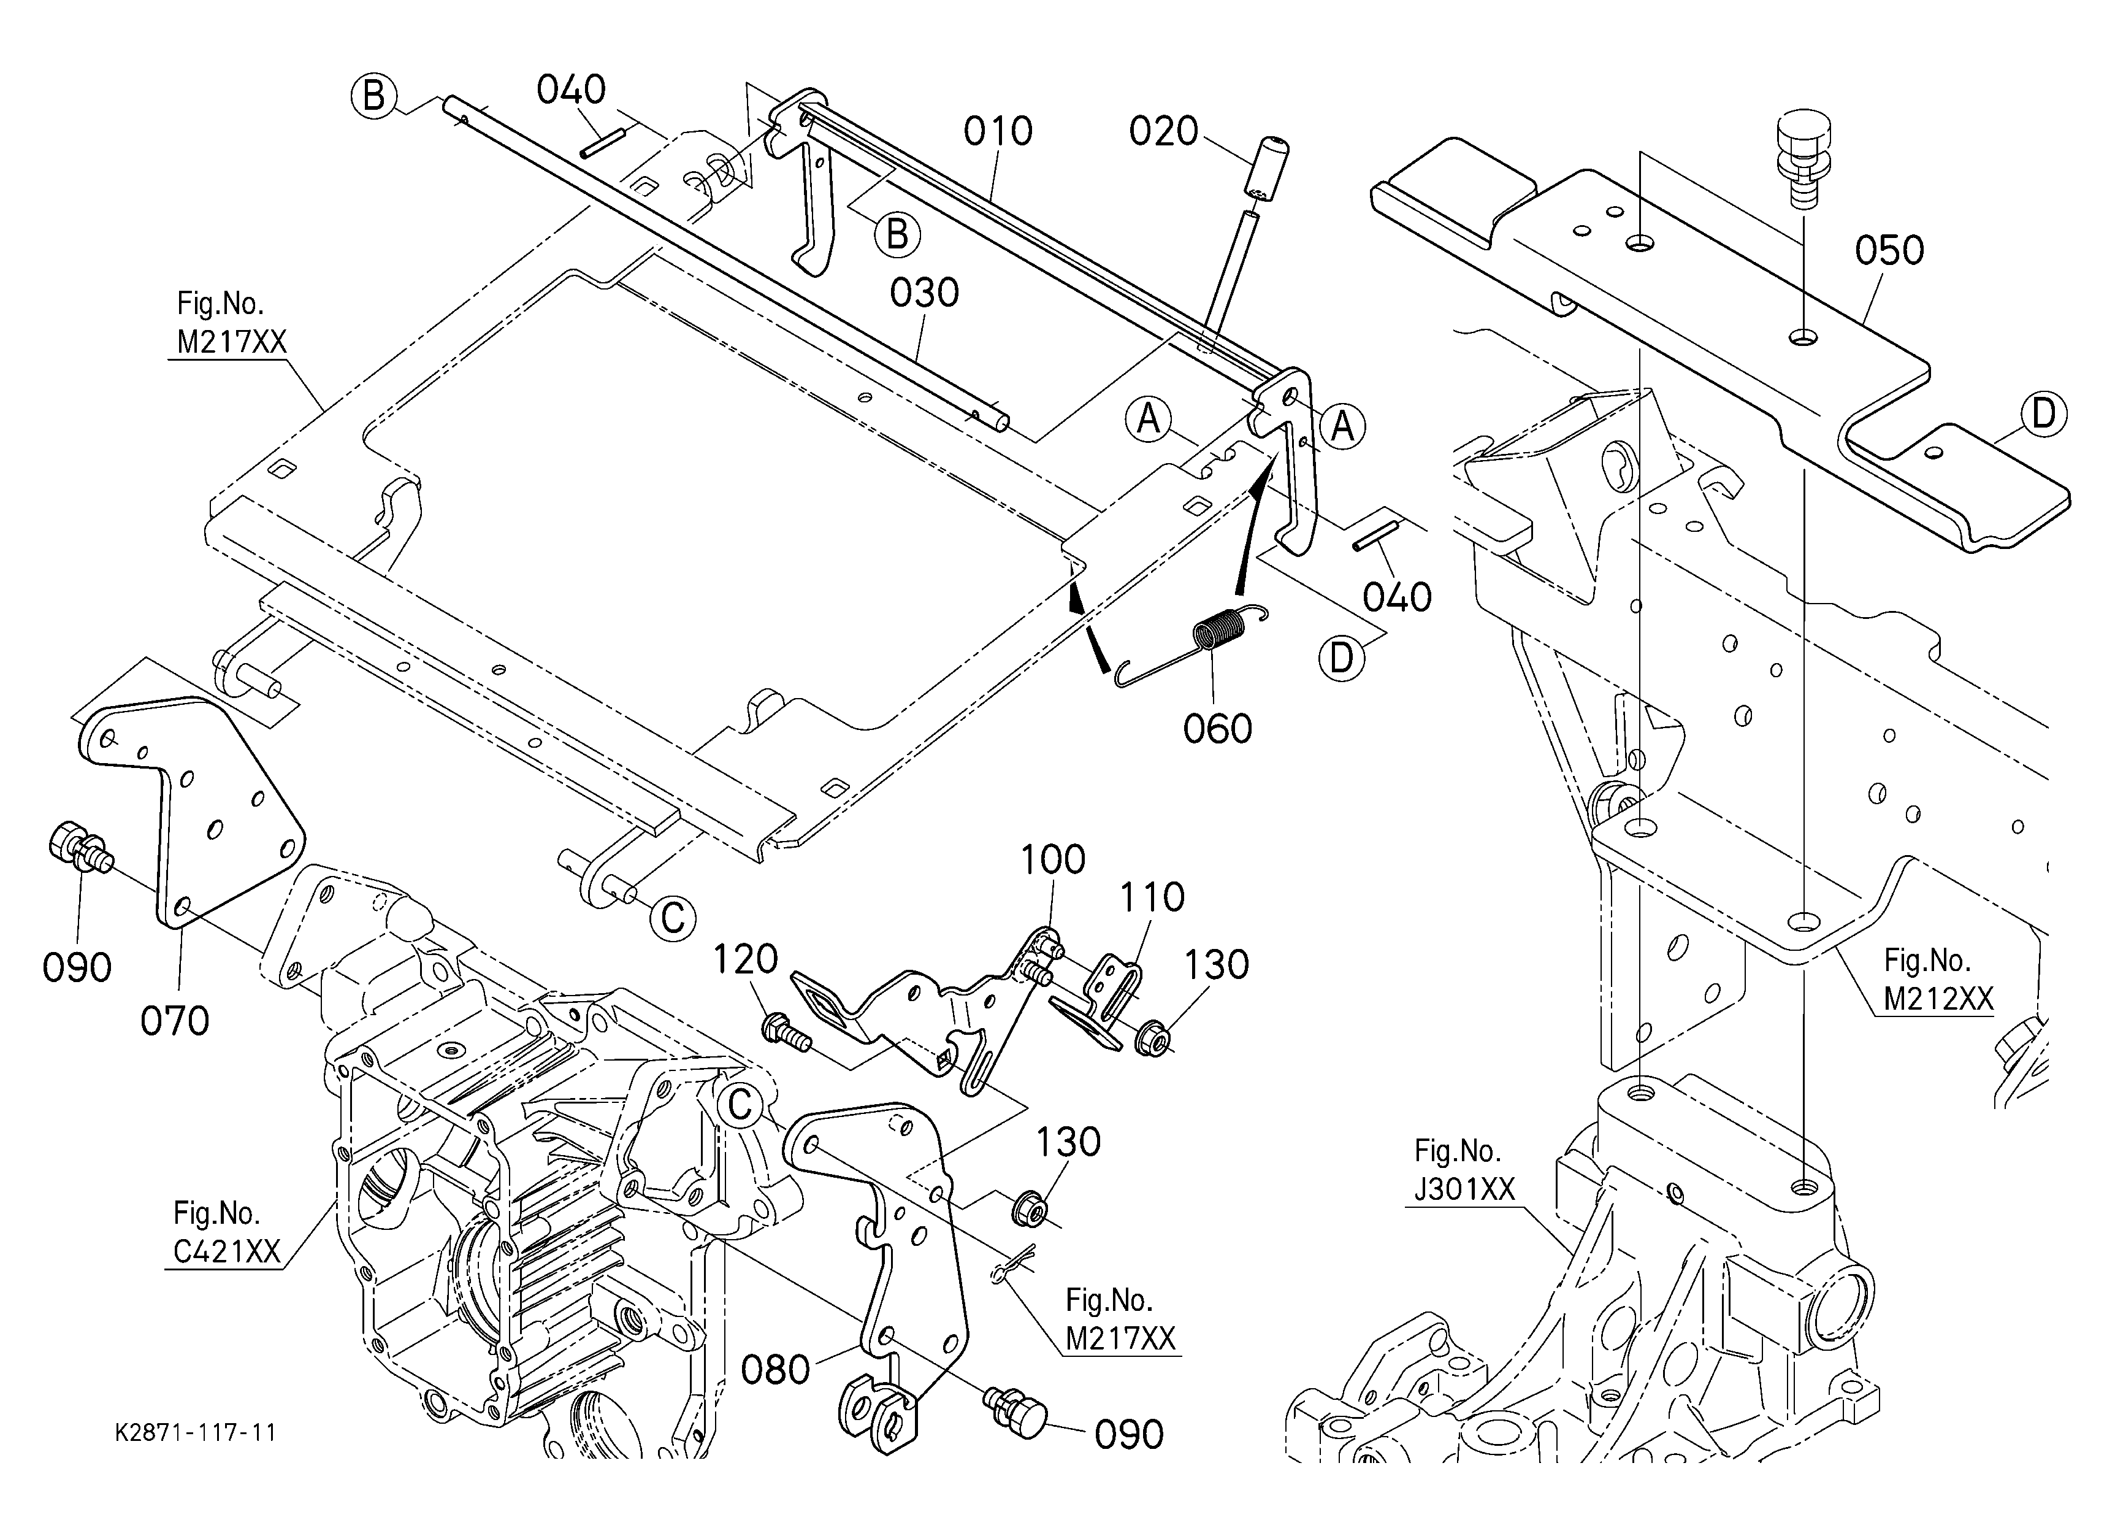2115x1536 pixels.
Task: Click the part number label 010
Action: point(998,131)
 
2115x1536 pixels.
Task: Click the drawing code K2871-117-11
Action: point(196,1432)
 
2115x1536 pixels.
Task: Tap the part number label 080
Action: point(776,1370)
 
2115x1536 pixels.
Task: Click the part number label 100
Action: point(1053,859)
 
